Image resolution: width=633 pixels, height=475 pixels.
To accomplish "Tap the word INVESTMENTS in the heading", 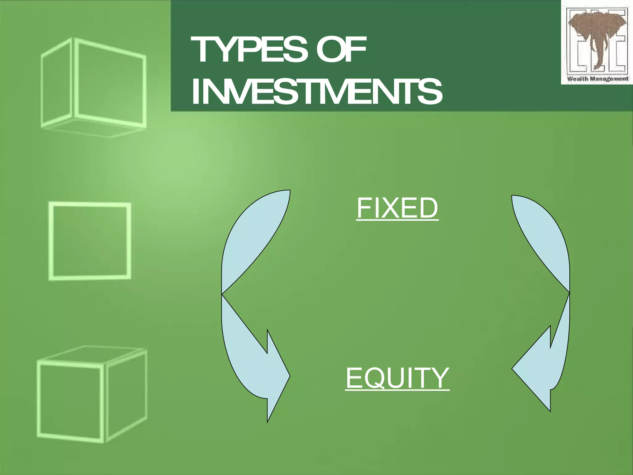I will tap(317, 92).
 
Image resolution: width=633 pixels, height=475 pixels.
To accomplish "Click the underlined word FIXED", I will tap(397, 208).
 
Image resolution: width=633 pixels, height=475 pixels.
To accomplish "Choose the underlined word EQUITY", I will tap(397, 378).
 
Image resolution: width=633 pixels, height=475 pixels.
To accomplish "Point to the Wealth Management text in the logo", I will tap(597, 79).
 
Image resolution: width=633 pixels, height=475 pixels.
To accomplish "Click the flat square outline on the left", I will tap(90, 241).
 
